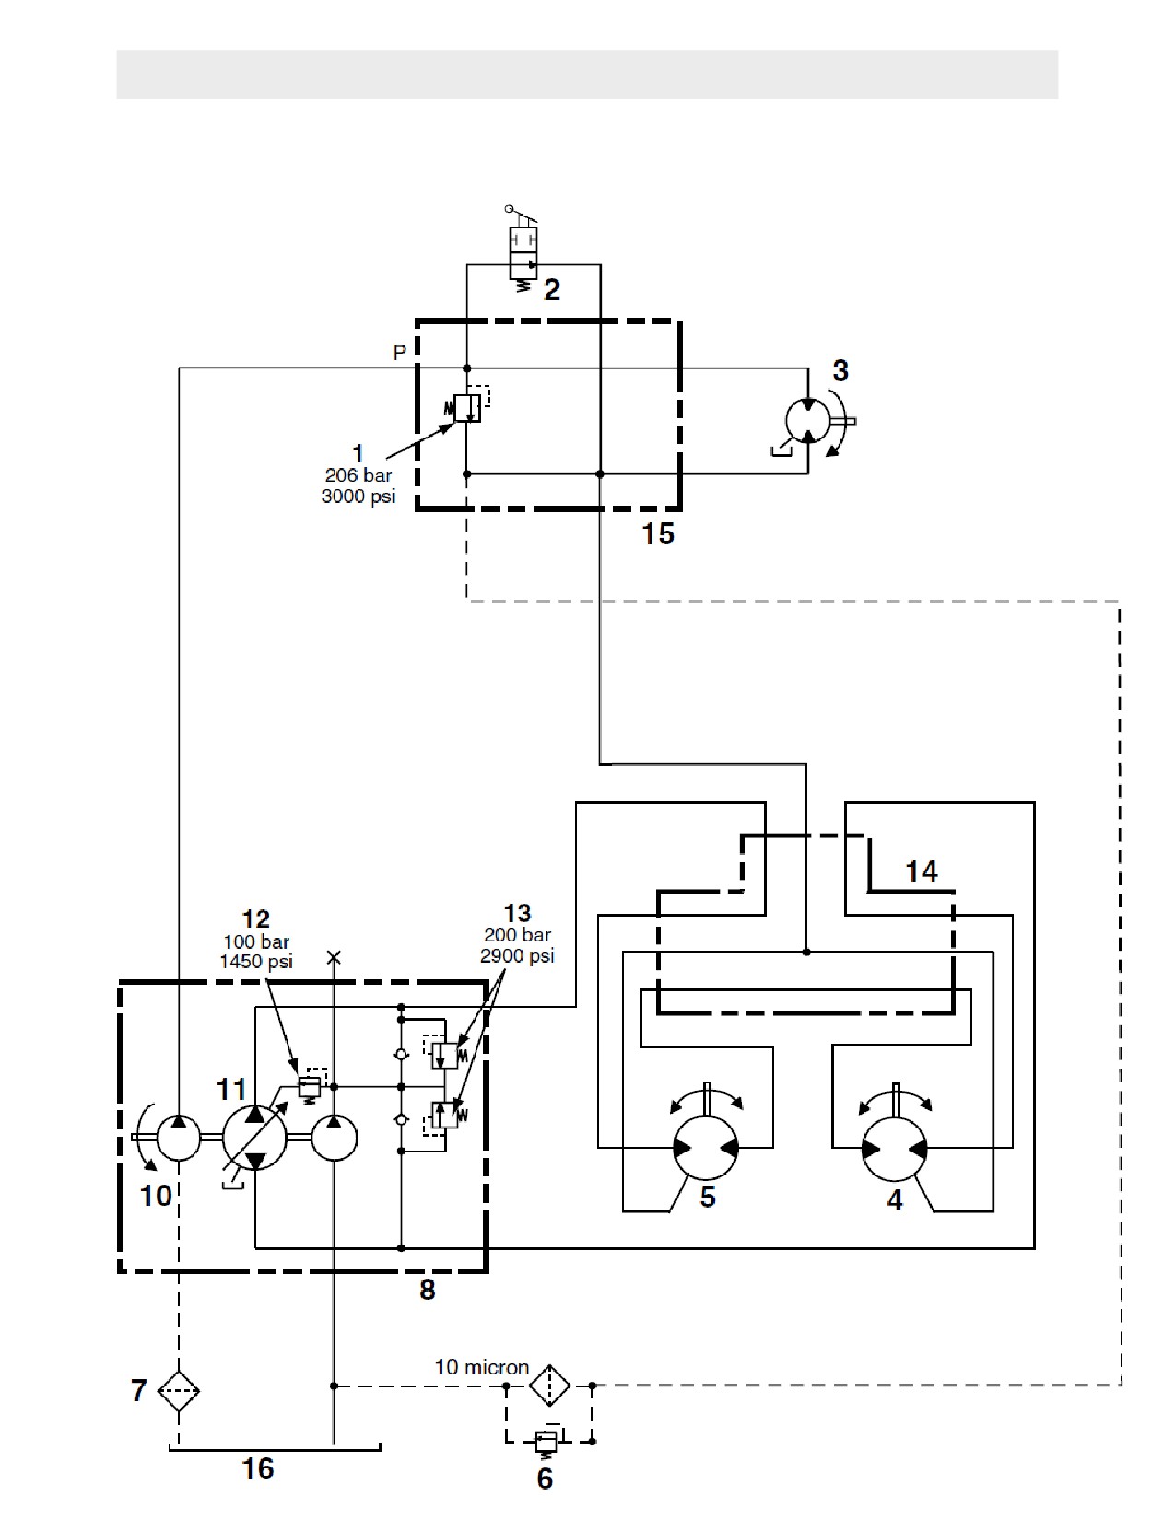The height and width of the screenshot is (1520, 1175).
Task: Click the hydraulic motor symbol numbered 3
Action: coord(807,421)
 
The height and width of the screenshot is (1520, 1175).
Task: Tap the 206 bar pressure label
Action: coord(358,475)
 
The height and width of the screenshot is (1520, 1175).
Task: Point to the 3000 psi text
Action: coord(358,496)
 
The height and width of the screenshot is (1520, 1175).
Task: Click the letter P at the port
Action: coord(400,353)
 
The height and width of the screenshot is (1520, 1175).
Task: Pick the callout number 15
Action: coord(658,533)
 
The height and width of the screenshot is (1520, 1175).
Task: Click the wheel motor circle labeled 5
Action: coord(705,1148)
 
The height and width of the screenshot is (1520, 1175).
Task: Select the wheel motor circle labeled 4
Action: coord(894,1149)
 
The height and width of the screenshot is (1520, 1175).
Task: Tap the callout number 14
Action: coord(921,871)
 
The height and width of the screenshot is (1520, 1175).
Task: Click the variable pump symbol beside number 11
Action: coord(254,1138)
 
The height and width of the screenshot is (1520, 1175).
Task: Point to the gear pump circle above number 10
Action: coord(179,1138)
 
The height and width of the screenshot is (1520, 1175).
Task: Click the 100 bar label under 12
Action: coord(256,942)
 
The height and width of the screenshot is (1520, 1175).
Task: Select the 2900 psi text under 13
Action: coord(517,954)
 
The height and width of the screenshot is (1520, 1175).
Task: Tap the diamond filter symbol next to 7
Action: coord(179,1391)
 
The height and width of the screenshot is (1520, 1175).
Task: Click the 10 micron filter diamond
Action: coord(549,1385)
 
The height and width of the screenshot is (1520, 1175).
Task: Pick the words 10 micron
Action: coord(481,1367)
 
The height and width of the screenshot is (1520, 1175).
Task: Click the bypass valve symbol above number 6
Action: coord(546,1443)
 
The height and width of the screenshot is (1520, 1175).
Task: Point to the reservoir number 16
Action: coord(257,1469)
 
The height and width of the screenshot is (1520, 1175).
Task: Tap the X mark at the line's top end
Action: coord(334,958)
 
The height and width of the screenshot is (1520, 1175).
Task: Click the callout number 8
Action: coord(427,1289)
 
